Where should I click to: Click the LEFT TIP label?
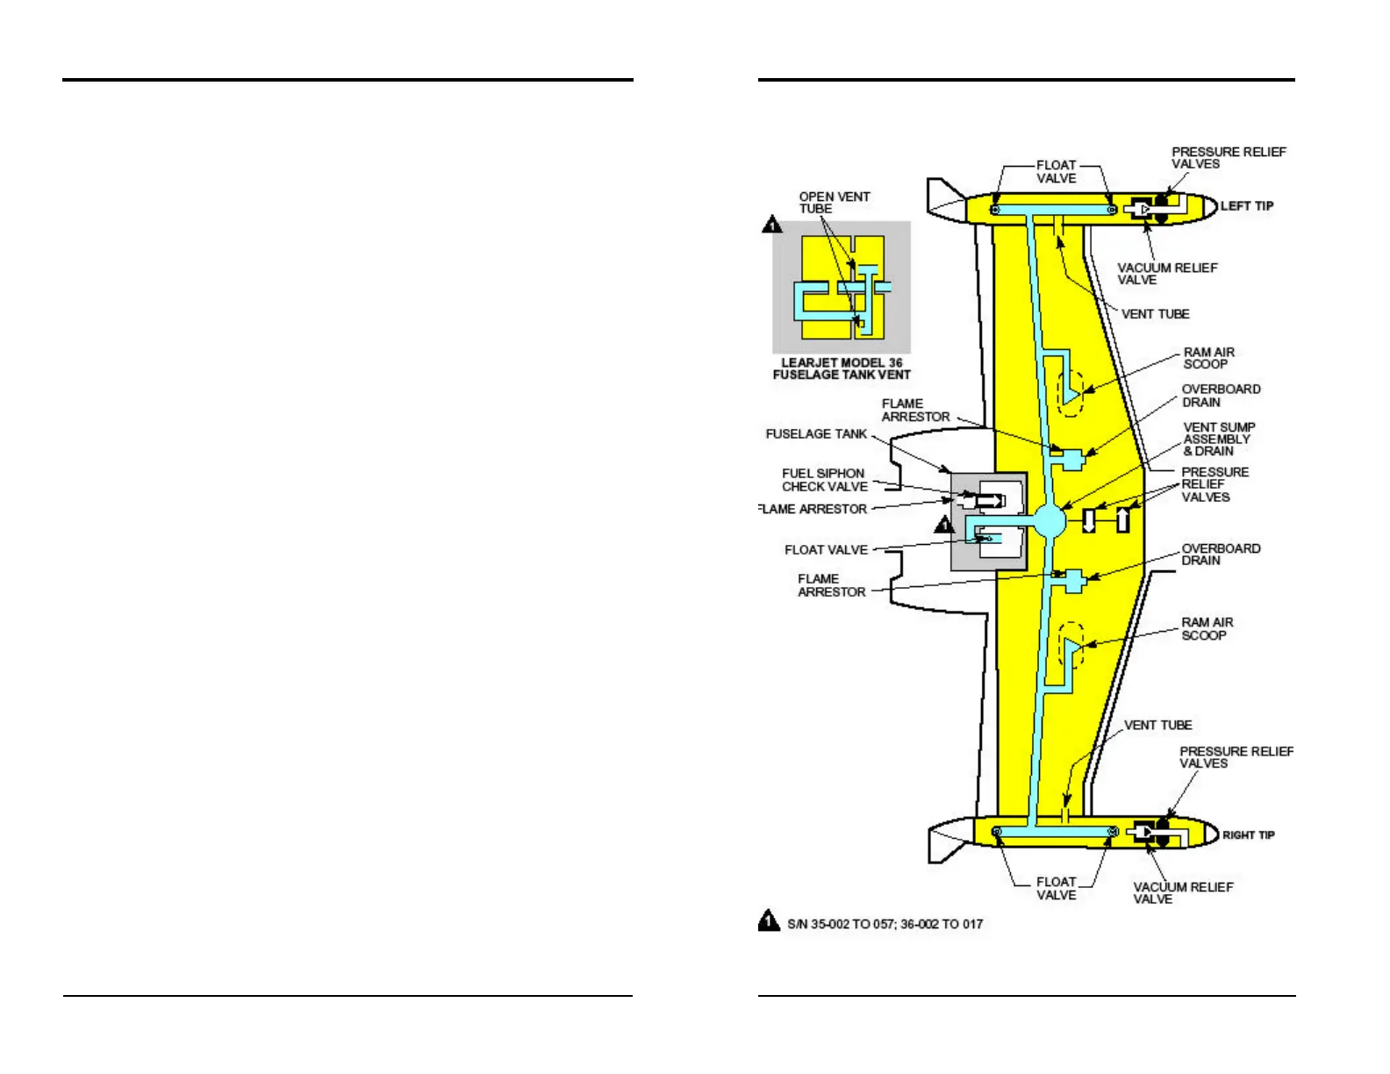pyautogui.click(x=1246, y=206)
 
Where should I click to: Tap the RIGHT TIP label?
pyautogui.click(x=1248, y=835)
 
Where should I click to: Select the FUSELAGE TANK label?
pyautogui.click(x=816, y=434)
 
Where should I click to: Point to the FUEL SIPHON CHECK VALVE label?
pyautogui.click(x=824, y=480)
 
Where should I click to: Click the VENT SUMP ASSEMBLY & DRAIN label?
pyautogui.click(x=1218, y=439)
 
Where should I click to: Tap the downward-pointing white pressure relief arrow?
pyautogui.click(x=1089, y=520)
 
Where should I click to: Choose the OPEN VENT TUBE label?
pyautogui.click(x=834, y=203)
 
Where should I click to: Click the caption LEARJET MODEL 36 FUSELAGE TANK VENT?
pyautogui.click(x=842, y=369)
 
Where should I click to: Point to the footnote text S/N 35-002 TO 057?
pyautogui.click(x=885, y=924)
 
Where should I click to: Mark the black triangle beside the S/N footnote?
pyautogui.click(x=769, y=920)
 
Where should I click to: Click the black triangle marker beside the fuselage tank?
pyautogui.click(x=944, y=525)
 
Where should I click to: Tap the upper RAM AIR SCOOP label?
pyautogui.click(x=1208, y=358)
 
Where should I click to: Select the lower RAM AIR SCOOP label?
pyautogui.click(x=1207, y=628)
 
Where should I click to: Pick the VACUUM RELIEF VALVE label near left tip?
pyautogui.click(x=1166, y=274)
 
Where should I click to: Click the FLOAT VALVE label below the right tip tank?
pyautogui.click(x=1056, y=888)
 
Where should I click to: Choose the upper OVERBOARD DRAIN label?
pyautogui.click(x=1221, y=396)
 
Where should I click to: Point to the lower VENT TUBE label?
pyautogui.click(x=1157, y=726)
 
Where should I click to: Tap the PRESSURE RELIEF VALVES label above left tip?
pyautogui.click(x=1228, y=158)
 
